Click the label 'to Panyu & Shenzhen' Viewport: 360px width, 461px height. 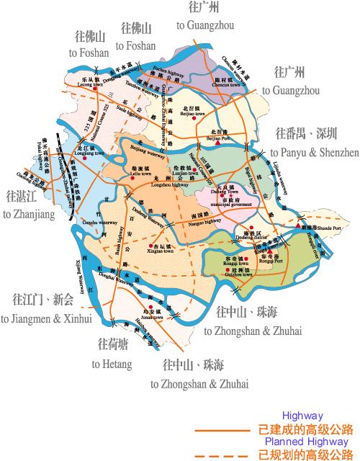coord(315,153)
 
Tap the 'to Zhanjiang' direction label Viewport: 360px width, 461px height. coord(26,215)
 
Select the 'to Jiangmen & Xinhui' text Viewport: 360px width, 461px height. coord(47,318)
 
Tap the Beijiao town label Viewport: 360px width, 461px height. coord(209,114)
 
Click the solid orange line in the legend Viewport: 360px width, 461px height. coord(223,430)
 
